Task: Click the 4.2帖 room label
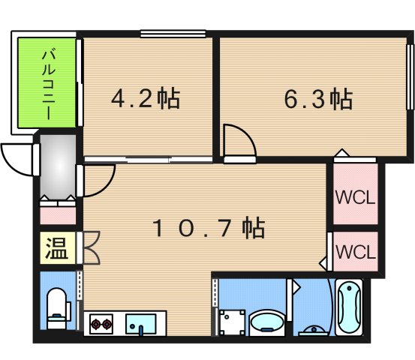coord(146,98)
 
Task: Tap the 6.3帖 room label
coord(318,98)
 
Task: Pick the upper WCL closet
coord(354,198)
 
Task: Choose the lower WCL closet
coord(354,251)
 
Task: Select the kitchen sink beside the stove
coord(140,325)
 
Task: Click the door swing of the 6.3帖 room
coord(239,144)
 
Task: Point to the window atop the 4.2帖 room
coord(173,32)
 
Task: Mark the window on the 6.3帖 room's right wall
coord(410,79)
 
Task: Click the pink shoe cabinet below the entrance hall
coord(58,213)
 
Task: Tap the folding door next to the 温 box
coord(92,249)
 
